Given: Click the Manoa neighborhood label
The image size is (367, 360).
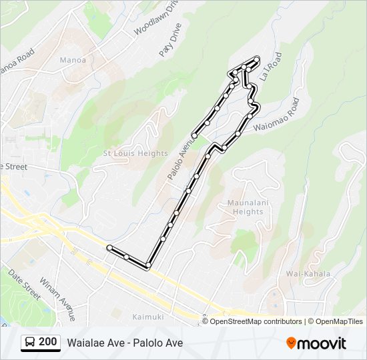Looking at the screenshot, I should click(x=73, y=60).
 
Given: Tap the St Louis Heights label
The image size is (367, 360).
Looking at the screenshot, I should click(x=135, y=153).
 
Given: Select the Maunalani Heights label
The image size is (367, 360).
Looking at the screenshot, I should click(x=246, y=207).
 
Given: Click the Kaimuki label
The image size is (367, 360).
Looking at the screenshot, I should click(x=147, y=316).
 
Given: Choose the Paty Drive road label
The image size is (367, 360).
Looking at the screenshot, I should click(x=171, y=41).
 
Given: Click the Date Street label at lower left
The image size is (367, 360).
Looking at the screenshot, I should click(x=24, y=284).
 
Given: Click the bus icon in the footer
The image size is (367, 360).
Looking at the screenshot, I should click(x=30, y=343).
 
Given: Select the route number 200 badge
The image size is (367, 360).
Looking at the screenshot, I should click(x=47, y=343).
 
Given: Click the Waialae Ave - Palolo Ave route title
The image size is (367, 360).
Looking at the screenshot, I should click(x=125, y=343).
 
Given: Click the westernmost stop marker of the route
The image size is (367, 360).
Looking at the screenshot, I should click(x=109, y=247).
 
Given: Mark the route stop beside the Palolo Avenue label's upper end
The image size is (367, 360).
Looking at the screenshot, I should click(x=194, y=135).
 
